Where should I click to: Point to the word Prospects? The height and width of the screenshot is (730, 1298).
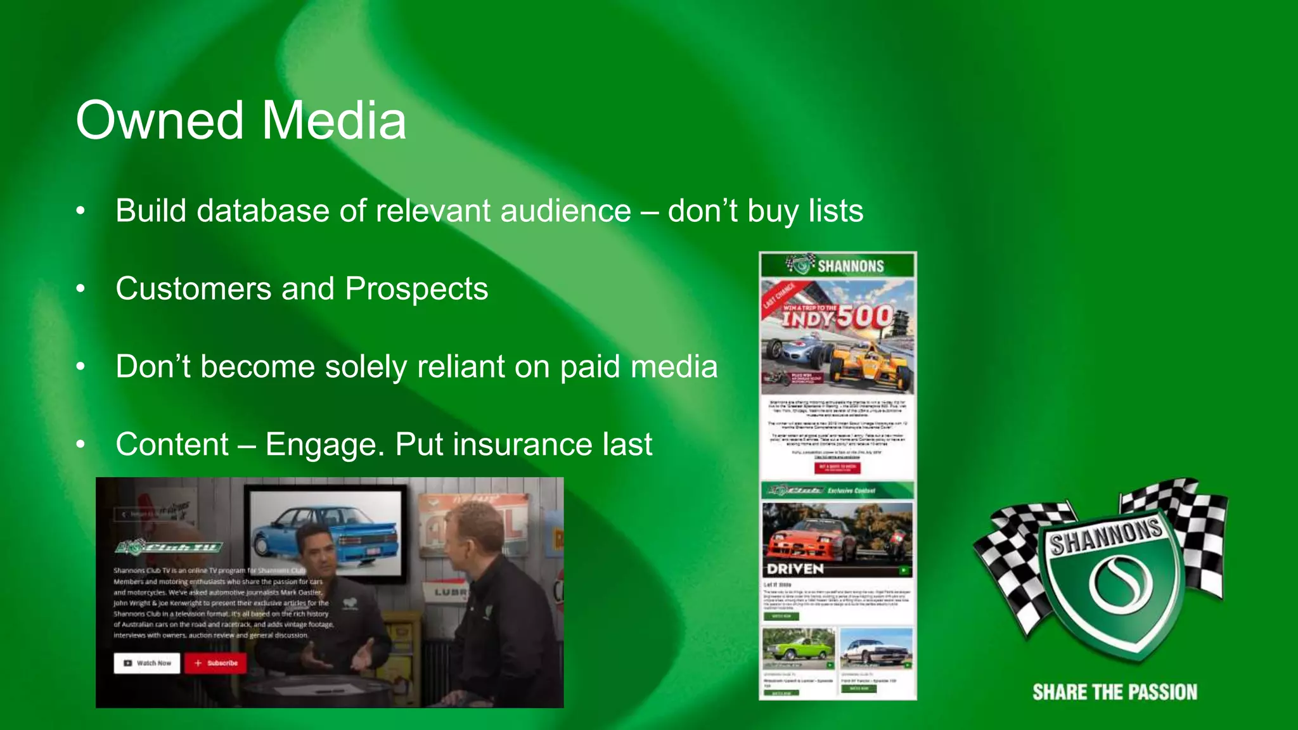[x=416, y=289]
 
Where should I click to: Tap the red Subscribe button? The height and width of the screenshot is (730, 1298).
[x=215, y=663]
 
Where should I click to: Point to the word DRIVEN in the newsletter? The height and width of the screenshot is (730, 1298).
[x=795, y=568]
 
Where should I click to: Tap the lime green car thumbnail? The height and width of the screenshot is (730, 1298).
[x=799, y=648]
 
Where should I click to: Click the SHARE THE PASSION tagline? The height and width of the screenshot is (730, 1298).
[x=1115, y=692]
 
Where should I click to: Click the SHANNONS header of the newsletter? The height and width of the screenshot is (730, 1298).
[x=838, y=266]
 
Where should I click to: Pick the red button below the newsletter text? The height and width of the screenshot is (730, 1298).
[x=837, y=468]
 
